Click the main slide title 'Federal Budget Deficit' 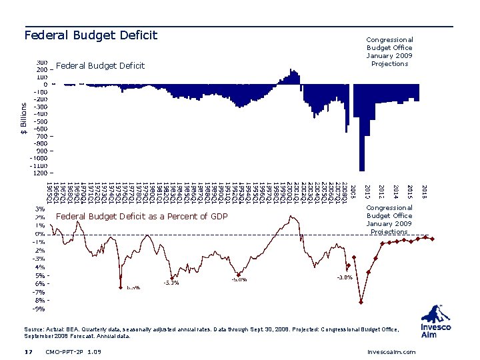91,35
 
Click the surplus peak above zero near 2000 291,72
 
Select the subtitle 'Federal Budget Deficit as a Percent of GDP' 142,217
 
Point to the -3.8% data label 344,277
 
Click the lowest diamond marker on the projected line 361,302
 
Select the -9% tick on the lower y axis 40,309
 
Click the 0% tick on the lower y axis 40,234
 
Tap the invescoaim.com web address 391,351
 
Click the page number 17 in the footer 28,351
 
